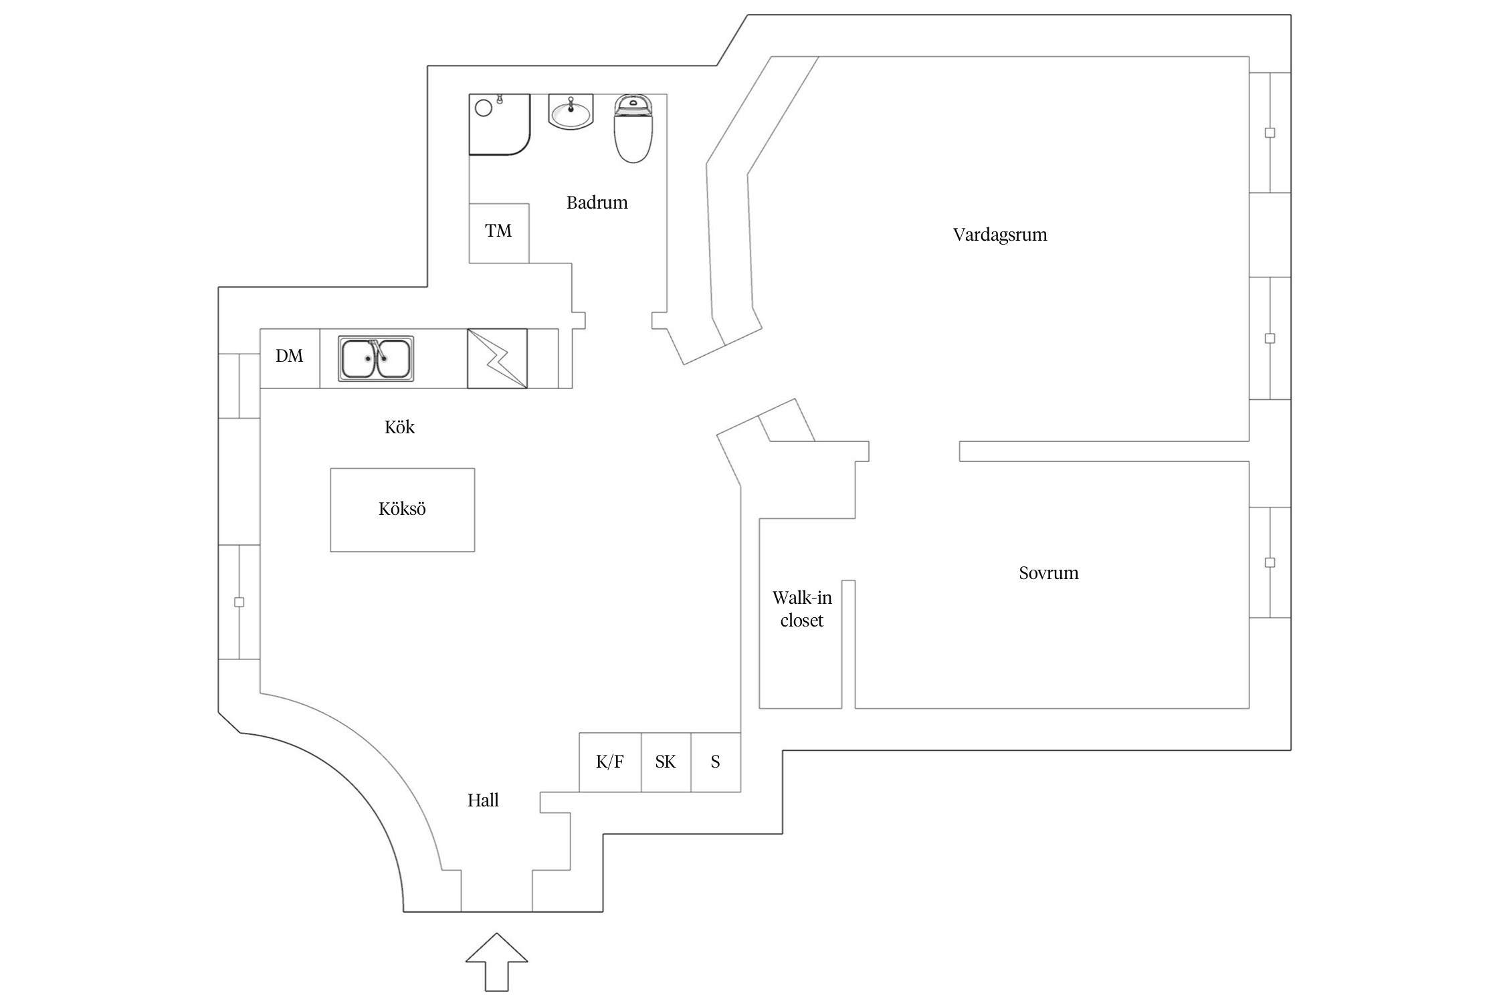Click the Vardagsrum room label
pyautogui.click(x=999, y=235)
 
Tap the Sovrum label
pyautogui.click(x=1048, y=573)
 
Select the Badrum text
pyautogui.click(x=597, y=203)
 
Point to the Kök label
pyautogui.click(x=399, y=427)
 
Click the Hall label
pyautogui.click(x=483, y=800)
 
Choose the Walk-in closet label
pyautogui.click(x=801, y=609)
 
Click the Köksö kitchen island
pyautogui.click(x=402, y=510)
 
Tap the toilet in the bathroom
pyautogui.click(x=633, y=129)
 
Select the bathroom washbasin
pyautogui.click(x=571, y=112)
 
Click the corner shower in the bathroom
pyautogui.click(x=499, y=124)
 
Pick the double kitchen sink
pyautogui.click(x=375, y=358)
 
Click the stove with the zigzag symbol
pyautogui.click(x=497, y=358)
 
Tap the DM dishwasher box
pyautogui.click(x=290, y=356)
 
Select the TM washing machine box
pyautogui.click(x=498, y=232)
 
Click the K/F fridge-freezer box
pyautogui.click(x=609, y=762)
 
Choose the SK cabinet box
pyautogui.click(x=666, y=762)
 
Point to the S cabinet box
pyautogui.click(x=715, y=762)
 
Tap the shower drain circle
pyautogui.click(x=483, y=108)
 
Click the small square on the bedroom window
pyautogui.click(x=1270, y=562)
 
